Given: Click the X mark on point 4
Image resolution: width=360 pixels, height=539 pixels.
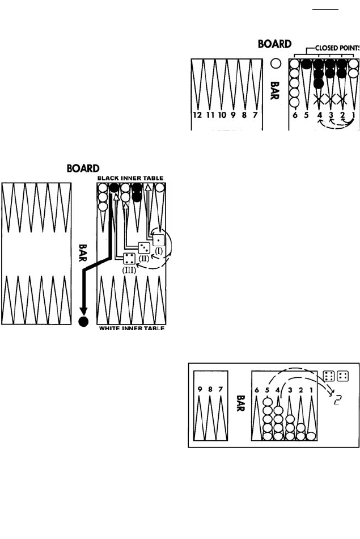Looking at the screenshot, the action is pyautogui.click(x=319, y=100).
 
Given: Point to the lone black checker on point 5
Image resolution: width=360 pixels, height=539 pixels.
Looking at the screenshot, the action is pyautogui.click(x=307, y=64).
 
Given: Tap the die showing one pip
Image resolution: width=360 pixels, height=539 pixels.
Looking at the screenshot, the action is pyautogui.click(x=159, y=239).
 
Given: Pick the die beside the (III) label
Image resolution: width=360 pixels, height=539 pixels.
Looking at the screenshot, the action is pyautogui.click(x=130, y=259).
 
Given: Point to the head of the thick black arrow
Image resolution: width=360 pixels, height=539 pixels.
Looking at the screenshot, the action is pyautogui.click(x=84, y=310).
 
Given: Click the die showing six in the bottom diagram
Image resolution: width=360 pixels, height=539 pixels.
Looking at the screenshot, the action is pyautogui.click(x=329, y=376).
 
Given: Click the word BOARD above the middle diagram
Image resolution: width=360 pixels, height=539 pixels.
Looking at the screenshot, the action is pyautogui.click(x=83, y=168).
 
